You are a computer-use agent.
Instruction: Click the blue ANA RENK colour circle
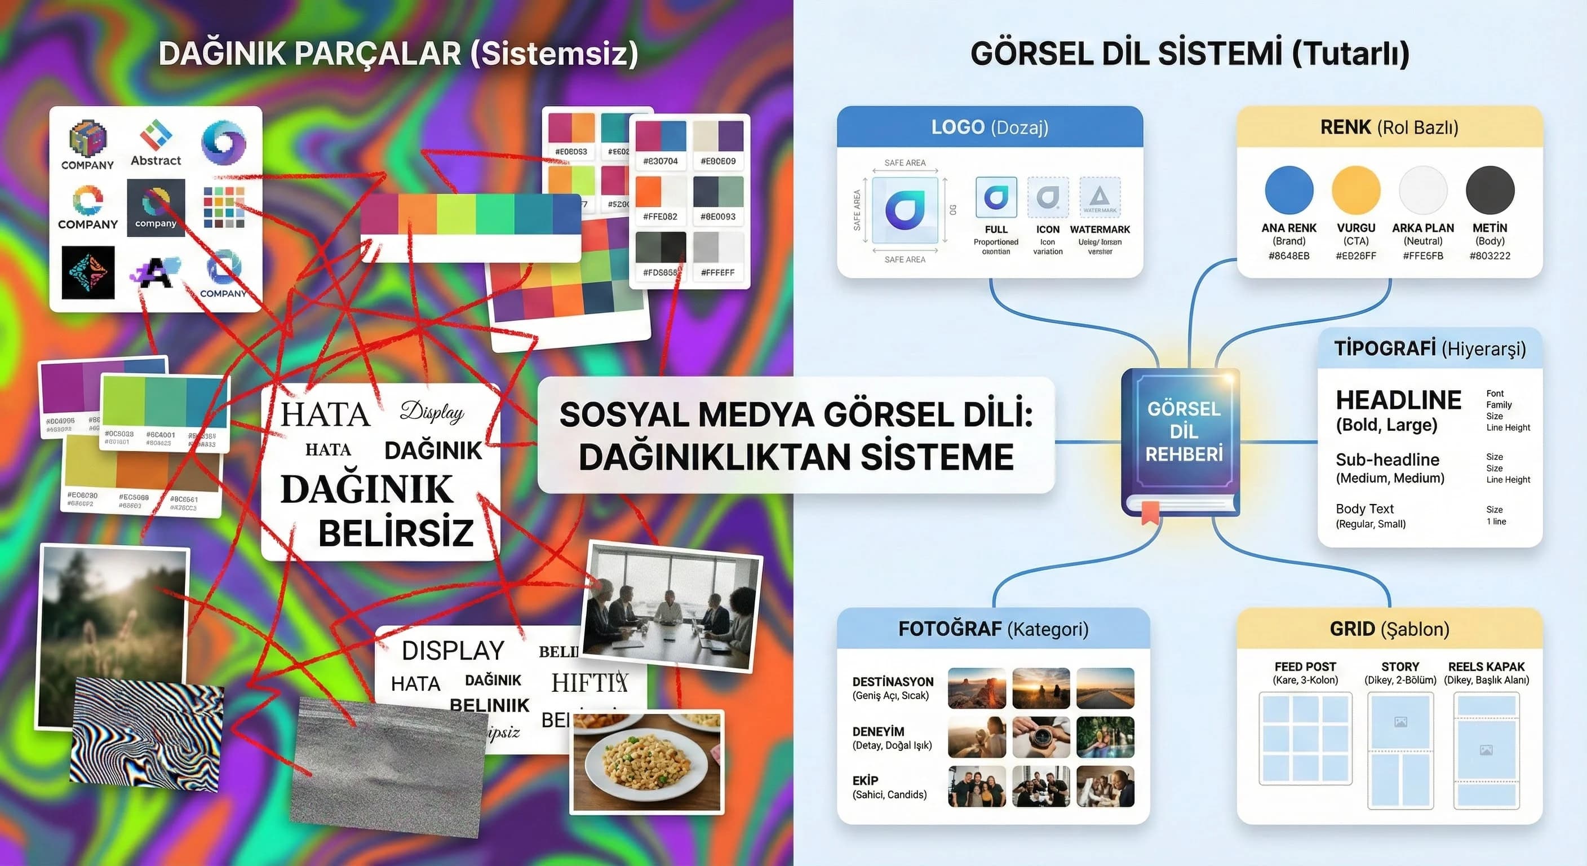1289,190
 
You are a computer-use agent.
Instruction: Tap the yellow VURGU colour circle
1355,190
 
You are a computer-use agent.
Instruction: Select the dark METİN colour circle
1490,190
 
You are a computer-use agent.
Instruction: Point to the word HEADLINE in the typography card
1398,400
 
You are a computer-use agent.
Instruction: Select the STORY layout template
1400,750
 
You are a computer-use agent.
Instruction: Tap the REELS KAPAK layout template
1486,750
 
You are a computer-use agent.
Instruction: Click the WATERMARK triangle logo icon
1100,197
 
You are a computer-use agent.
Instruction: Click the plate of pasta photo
647,762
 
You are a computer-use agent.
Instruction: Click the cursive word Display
432,412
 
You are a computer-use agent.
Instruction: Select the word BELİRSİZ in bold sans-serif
396,533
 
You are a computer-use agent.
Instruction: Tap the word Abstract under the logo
156,160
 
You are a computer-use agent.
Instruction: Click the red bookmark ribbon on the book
1150,512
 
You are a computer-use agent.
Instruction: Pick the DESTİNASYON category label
893,682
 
